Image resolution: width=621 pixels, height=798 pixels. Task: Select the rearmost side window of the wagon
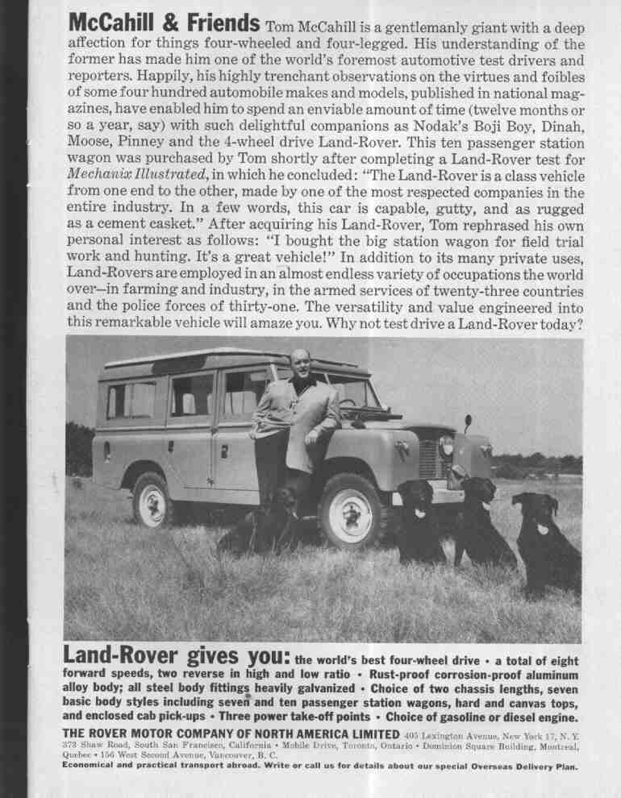pyautogui.click(x=131, y=401)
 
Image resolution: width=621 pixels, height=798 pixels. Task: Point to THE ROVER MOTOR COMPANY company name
pyautogui.click(x=231, y=734)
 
